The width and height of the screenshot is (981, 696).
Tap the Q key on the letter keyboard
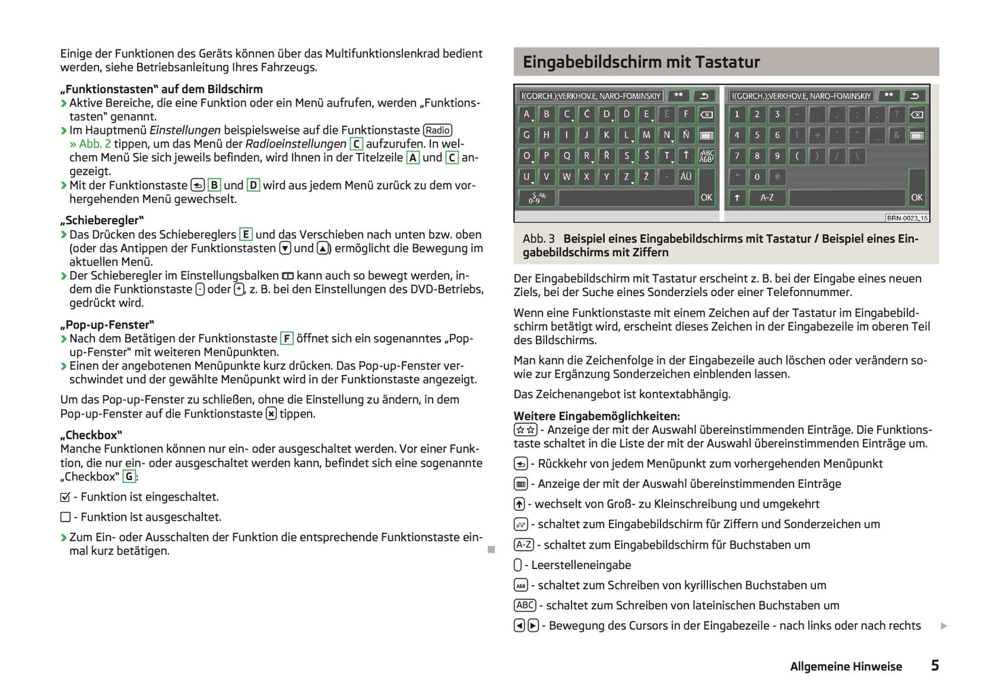567,155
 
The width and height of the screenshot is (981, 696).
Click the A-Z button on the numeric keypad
766,198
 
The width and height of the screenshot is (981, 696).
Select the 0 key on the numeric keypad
757,177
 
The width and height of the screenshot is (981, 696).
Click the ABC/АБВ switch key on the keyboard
706,155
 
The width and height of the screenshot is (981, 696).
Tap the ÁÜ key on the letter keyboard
686,177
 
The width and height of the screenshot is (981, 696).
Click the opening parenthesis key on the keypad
797,155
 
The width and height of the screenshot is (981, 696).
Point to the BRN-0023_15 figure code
906,218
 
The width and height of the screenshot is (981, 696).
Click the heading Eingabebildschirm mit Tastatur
641,62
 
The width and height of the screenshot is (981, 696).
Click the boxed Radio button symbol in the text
437,130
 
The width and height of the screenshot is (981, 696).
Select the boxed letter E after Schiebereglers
246,234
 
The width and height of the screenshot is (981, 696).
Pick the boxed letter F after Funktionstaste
286,338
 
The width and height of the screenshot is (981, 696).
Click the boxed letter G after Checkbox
128,477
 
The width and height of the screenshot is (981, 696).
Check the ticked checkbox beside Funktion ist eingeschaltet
66,497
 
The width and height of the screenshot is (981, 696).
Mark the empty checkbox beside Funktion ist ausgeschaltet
66,517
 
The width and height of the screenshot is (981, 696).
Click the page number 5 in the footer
935,665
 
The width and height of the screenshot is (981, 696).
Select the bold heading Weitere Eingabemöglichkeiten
596,416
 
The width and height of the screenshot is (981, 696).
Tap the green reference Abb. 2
94,144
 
